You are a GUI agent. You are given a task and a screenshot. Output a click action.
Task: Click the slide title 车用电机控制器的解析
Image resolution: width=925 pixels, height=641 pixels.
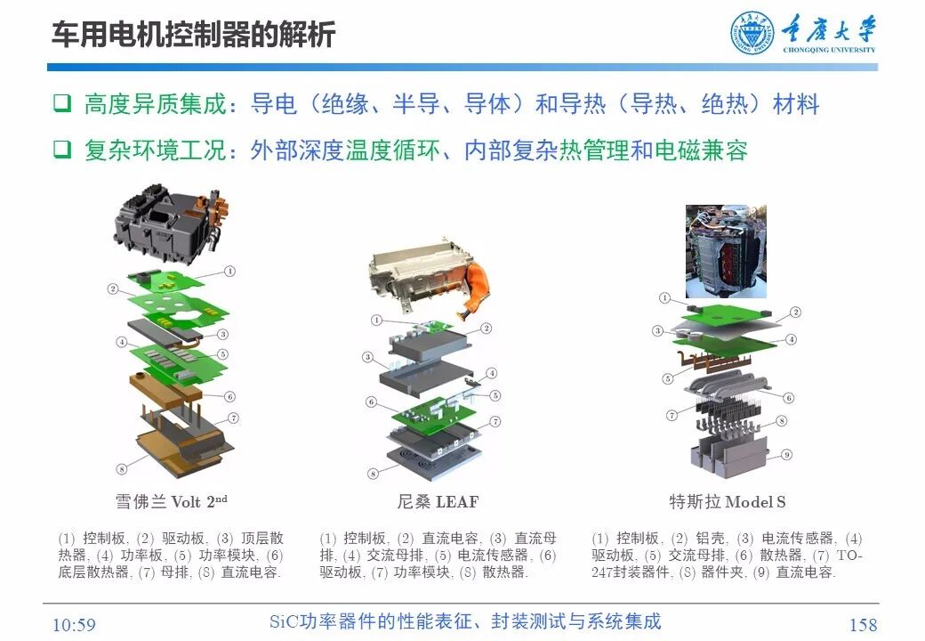193,34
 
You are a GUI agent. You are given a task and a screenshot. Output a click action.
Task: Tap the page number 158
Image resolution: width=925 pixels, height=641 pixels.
862,624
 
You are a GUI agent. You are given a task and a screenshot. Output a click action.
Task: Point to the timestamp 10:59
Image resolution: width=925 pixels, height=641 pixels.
74,624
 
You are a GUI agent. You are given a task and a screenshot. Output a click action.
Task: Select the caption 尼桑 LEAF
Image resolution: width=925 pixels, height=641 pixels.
437,501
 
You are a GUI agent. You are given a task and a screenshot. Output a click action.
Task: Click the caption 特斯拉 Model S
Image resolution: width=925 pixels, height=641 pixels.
727,501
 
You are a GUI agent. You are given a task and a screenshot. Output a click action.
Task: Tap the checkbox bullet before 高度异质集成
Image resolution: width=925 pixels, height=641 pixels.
61,104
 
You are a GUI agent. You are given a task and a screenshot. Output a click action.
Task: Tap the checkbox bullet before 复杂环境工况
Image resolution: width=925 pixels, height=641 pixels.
61,150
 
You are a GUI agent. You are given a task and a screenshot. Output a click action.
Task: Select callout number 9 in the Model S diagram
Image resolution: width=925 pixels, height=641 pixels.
785,454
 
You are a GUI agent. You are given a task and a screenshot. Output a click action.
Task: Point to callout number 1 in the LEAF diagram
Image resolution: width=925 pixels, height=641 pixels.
376,320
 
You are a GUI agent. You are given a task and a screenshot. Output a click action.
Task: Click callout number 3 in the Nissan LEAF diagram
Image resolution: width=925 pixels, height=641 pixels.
367,357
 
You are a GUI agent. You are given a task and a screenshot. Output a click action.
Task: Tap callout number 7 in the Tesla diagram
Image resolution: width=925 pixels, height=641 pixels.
672,416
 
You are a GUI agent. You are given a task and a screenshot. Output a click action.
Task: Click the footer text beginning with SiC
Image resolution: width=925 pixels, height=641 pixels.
464,621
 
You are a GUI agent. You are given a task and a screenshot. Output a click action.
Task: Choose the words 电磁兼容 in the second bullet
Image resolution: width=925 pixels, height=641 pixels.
700,150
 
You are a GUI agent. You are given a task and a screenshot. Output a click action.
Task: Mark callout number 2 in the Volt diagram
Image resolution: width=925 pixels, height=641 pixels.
113,288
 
